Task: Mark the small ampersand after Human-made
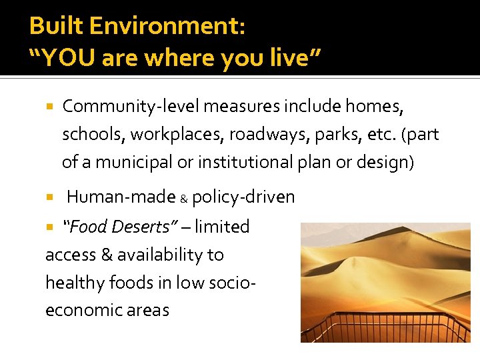(184, 199)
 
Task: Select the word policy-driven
(243, 197)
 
